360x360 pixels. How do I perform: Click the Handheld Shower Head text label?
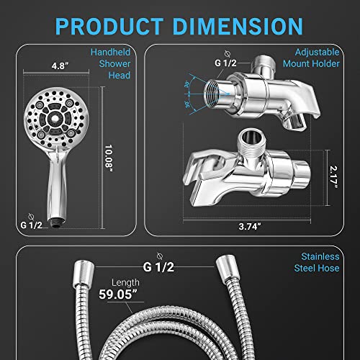coord(112,65)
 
